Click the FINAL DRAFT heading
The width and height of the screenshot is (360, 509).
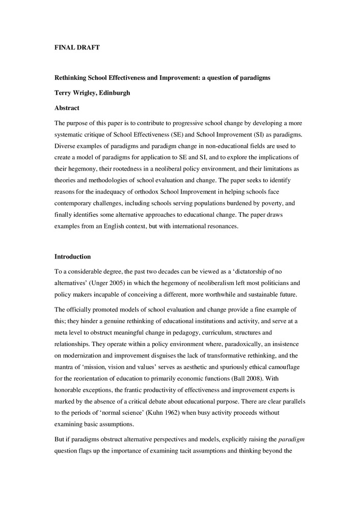pos(77,47)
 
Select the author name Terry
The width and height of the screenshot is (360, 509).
pos(64,93)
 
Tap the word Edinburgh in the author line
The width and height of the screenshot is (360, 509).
pos(115,93)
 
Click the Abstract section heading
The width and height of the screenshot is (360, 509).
pos(68,108)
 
